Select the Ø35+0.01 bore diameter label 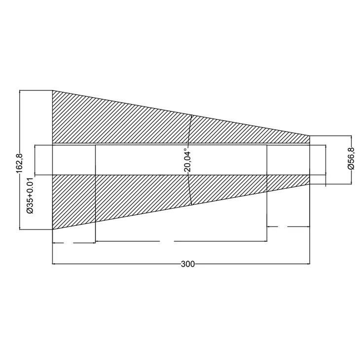30,196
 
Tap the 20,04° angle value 187,160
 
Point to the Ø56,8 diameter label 351,159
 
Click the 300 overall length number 187,264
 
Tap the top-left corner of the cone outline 52,91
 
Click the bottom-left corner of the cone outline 52,229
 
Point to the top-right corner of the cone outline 310,136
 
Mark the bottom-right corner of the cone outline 310,183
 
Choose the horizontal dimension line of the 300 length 123,264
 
